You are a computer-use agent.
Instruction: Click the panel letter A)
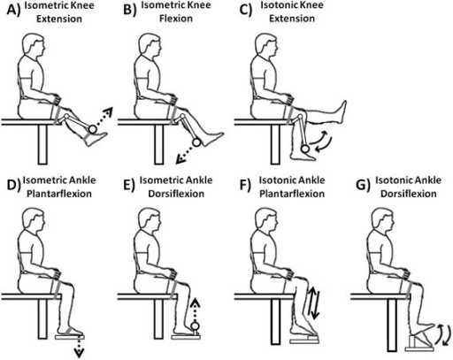click(14, 11)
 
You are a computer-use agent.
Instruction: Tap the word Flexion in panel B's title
click(176, 19)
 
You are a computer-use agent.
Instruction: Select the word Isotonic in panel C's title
click(277, 5)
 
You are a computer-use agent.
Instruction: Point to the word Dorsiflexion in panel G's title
click(409, 194)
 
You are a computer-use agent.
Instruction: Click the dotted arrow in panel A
click(104, 117)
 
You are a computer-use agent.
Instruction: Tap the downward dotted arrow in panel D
click(79, 347)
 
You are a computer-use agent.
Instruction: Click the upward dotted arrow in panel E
click(195, 310)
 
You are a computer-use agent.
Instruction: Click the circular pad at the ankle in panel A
click(92, 129)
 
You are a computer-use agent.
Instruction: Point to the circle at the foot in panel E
click(196, 326)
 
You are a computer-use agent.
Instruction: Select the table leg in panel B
click(159, 144)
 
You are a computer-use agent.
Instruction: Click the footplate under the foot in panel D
click(70, 337)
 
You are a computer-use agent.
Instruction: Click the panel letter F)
click(246, 186)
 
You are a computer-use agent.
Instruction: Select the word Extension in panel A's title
click(59, 19)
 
